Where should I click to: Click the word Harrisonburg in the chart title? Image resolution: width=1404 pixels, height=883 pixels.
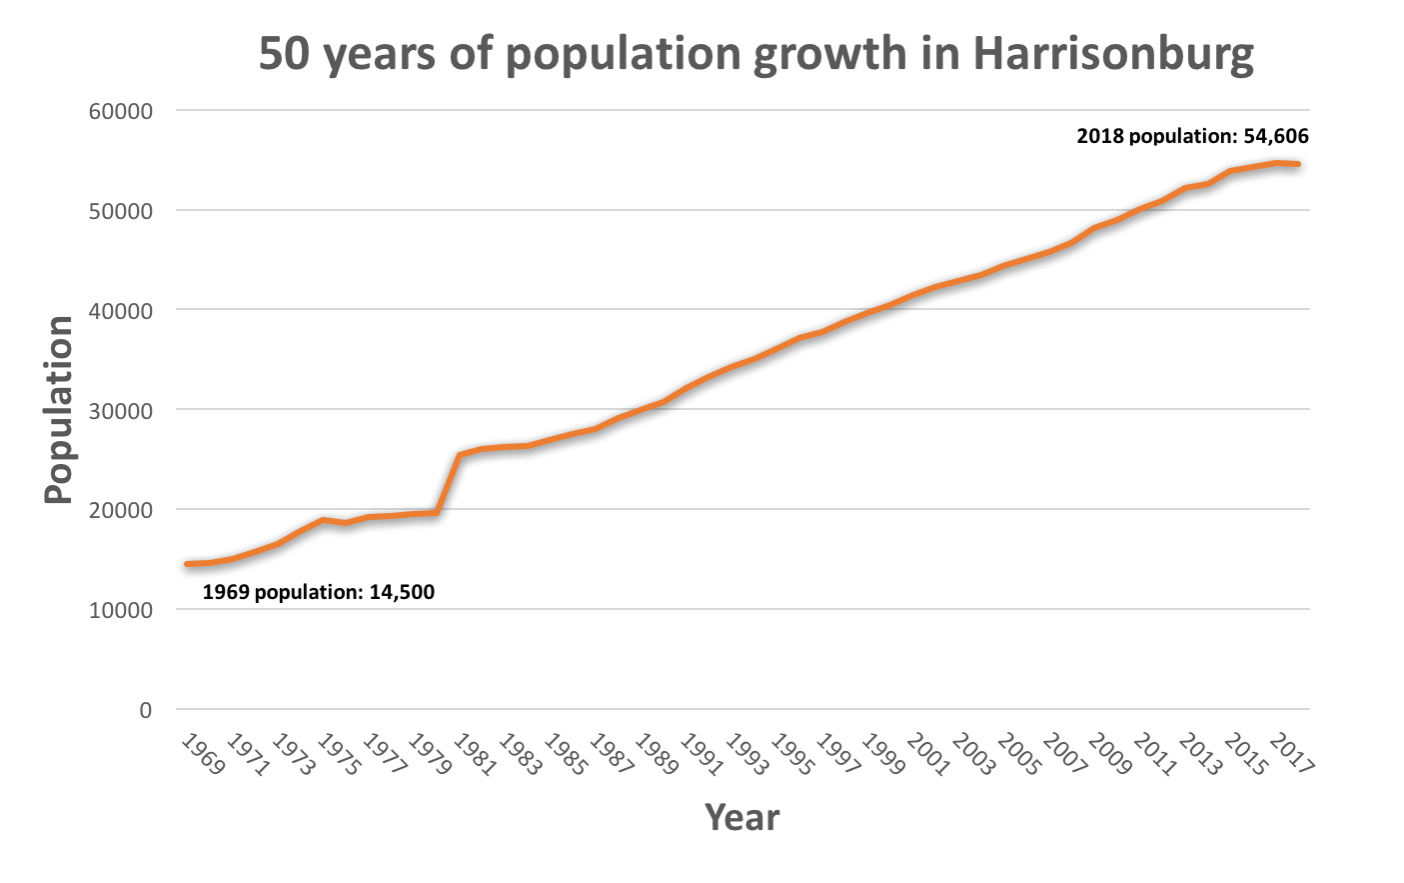pos(1113,54)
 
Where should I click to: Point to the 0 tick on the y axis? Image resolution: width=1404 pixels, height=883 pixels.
pos(146,710)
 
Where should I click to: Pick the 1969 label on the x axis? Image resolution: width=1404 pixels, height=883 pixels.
pos(203,755)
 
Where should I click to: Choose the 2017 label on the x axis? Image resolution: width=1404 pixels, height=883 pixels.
pos(1291,755)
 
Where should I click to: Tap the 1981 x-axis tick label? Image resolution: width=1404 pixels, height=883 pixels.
pos(475,755)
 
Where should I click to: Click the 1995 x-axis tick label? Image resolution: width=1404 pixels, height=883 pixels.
pos(792,755)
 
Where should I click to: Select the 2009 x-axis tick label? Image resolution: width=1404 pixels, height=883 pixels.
pos(1109,755)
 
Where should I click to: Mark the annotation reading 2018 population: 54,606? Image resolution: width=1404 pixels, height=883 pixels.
pos(1192,137)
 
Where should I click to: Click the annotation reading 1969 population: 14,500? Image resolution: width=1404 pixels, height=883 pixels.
pos(319,592)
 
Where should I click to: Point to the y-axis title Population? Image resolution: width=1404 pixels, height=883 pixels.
pos(59,410)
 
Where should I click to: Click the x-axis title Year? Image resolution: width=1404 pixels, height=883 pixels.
pos(741,818)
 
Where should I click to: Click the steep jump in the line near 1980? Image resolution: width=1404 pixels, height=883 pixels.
pos(448,484)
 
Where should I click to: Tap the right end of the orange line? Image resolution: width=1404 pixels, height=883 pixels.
pos(1297,164)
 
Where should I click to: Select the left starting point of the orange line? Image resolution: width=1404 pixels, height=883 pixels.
pos(187,564)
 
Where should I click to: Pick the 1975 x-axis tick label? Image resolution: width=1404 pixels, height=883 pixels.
pos(339,755)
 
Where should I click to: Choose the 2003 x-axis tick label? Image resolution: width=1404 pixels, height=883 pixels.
pos(973,755)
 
